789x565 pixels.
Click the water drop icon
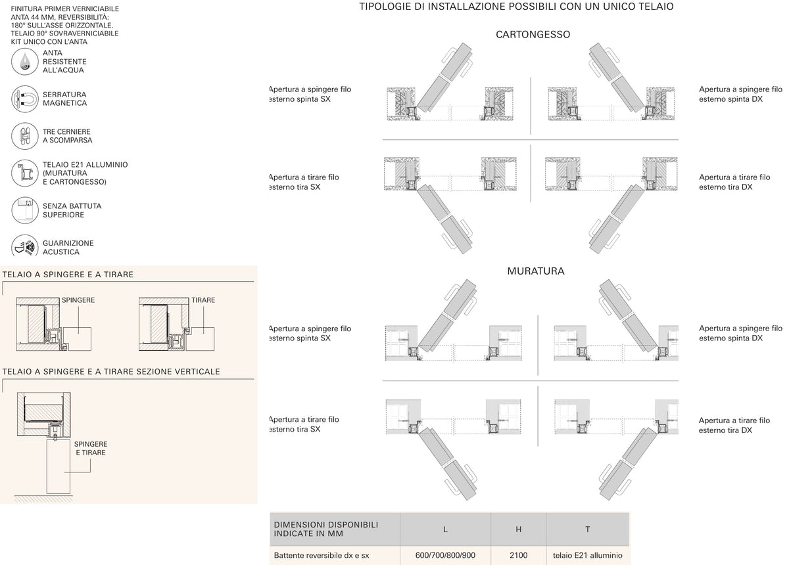click(x=25, y=62)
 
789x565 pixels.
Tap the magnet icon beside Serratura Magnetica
click(x=25, y=99)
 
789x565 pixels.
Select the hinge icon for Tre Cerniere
click(x=25, y=136)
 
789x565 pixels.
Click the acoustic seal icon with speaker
click(x=25, y=245)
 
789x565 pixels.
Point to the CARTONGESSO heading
click(x=533, y=35)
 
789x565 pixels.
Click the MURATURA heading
click(x=536, y=271)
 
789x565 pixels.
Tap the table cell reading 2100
click(x=519, y=555)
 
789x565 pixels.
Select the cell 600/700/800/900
click(x=445, y=555)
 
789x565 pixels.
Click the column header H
click(x=519, y=529)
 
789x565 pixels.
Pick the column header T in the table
click(x=588, y=529)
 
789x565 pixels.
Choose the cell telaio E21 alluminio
click(x=588, y=555)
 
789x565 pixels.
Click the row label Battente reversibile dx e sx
click(x=322, y=556)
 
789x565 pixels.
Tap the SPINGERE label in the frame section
click(x=78, y=300)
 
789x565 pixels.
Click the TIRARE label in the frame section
click(x=203, y=300)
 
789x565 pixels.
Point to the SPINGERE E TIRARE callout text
click(x=91, y=449)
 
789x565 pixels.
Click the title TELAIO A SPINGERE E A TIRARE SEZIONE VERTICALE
click(x=111, y=371)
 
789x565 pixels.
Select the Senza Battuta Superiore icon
click(x=25, y=210)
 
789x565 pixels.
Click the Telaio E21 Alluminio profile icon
click(x=25, y=173)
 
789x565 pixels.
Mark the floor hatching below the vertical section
click(x=43, y=499)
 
